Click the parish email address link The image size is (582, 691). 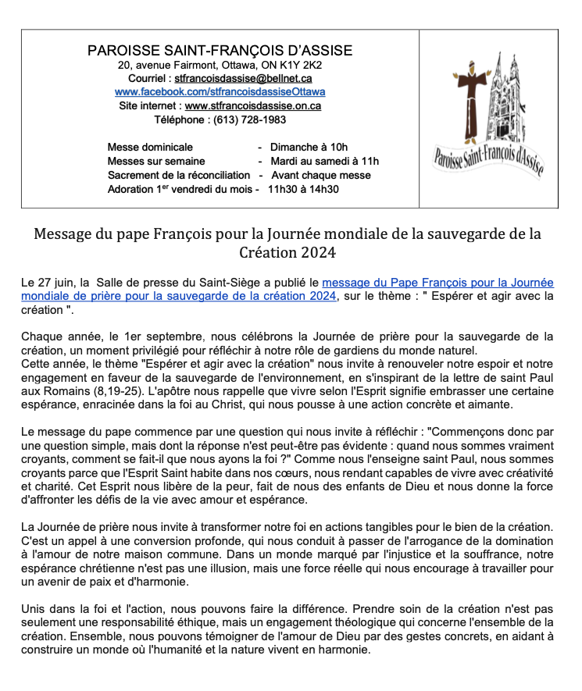244,78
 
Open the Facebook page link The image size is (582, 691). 220,91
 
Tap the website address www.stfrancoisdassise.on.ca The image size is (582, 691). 253,105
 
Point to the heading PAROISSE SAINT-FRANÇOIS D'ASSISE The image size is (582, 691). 220,51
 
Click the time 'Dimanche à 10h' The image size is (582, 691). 309,147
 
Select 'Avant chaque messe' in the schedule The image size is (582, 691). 320,175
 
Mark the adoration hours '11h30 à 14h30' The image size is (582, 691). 304,189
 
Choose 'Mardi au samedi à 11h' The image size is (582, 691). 324,161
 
